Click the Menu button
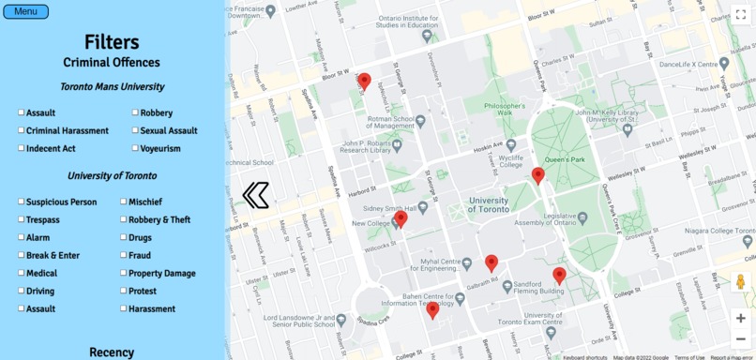pos(25,11)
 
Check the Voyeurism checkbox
pos(135,148)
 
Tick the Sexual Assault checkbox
pos(135,130)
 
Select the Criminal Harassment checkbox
pos(22,130)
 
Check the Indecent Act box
pos(22,148)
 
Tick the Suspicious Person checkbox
pos(22,202)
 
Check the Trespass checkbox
pos(22,219)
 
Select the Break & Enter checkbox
pos(22,255)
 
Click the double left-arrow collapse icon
pos(255,195)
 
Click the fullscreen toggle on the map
pos(740,15)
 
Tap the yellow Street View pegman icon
pos(740,281)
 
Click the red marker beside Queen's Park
pos(537,175)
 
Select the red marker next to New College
pos(401,218)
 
